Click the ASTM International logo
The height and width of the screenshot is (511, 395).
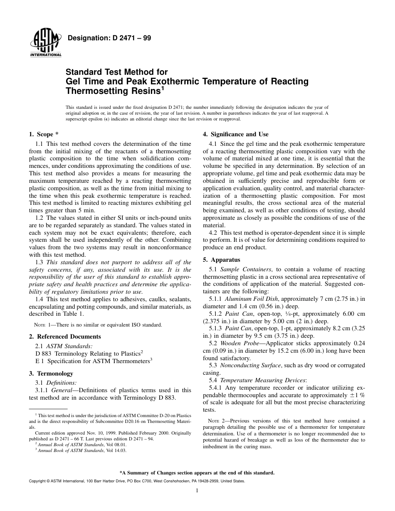click(45, 43)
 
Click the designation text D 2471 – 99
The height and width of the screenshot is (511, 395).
click(109, 38)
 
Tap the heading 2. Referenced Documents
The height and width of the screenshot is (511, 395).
click(65, 337)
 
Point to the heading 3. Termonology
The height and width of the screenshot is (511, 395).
click(51, 373)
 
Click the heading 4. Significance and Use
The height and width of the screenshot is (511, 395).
click(235, 134)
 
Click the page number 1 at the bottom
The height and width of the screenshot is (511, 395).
click(197, 491)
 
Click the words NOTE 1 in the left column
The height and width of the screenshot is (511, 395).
click(42, 325)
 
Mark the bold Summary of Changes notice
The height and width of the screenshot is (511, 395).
click(197, 473)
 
